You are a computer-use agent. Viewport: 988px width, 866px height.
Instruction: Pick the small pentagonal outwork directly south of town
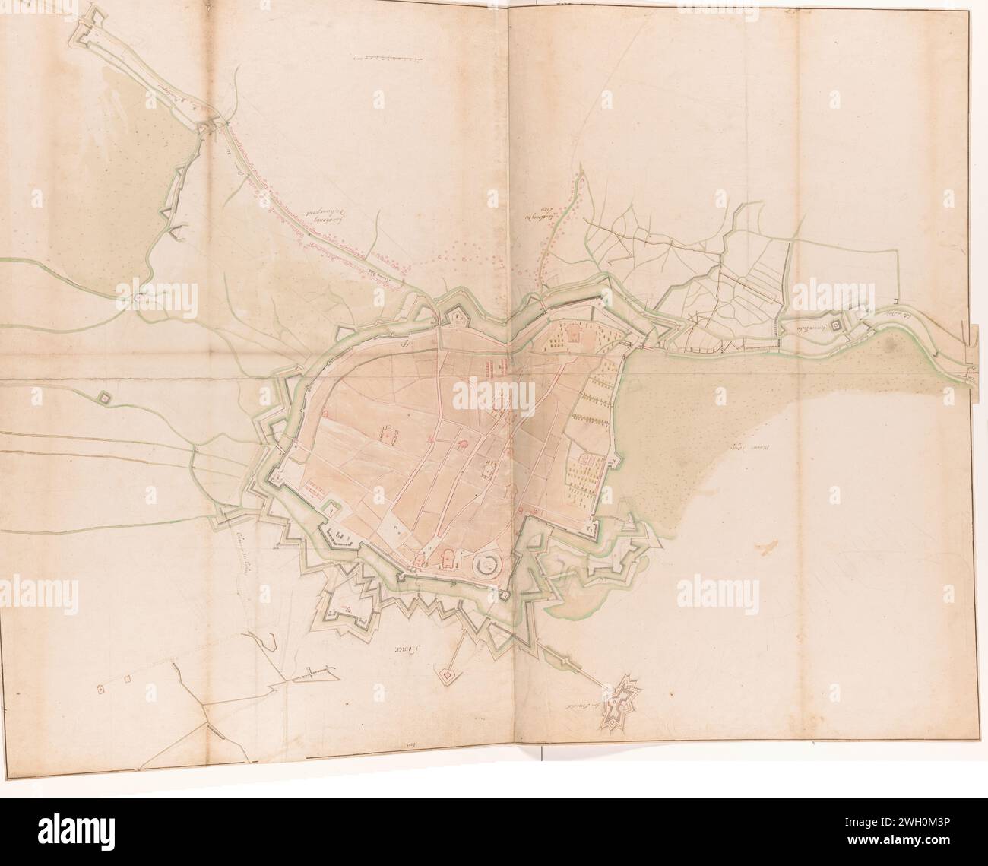[446, 674]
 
